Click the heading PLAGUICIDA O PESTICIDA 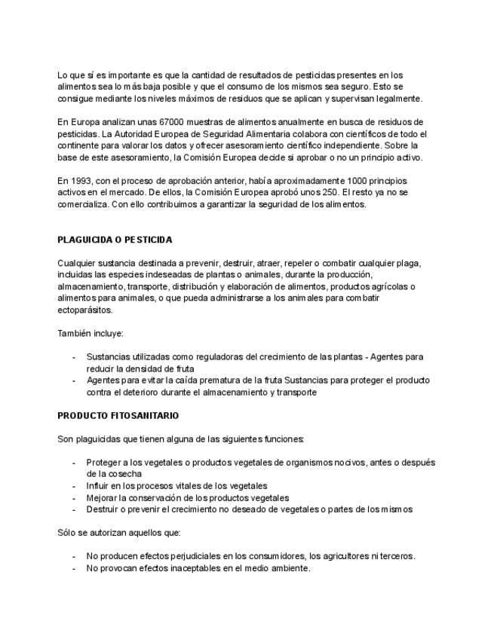pos(115,240)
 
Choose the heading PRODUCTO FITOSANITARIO pos(118,415)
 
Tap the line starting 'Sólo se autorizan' pos(119,533)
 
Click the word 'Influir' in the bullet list pos(99,486)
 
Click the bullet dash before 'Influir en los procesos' pos(73,486)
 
